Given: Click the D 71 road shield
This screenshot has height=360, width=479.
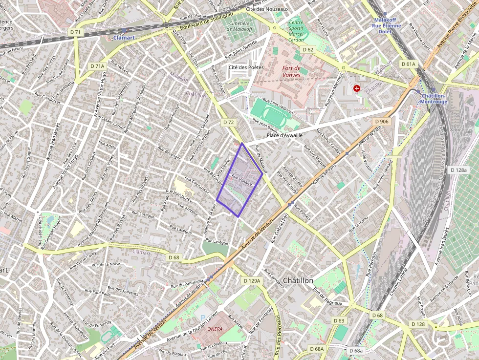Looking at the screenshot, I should pos(75,32).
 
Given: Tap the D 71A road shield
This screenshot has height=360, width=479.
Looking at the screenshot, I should pos(97,66).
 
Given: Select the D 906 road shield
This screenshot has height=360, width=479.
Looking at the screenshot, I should pos(382,122).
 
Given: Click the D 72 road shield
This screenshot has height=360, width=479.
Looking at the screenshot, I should pos(228,123).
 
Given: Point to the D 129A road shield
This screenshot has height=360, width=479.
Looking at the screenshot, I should pos(252,281).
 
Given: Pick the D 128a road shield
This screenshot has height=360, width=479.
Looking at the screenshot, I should pos(459,170).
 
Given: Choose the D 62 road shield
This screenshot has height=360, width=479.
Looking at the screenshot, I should pos(307,50).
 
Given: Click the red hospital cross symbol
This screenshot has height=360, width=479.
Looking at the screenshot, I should pos(357,88).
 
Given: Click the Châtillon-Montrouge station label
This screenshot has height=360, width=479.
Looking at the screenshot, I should pos(434,99).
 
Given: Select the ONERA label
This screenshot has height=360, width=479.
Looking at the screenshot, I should pos(215,329).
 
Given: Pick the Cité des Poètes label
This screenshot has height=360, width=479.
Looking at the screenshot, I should pos(246,67).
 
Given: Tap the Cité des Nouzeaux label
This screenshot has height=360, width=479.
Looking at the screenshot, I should pos(267,9).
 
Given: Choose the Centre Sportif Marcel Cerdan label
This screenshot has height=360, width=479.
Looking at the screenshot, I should pos(296,31).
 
